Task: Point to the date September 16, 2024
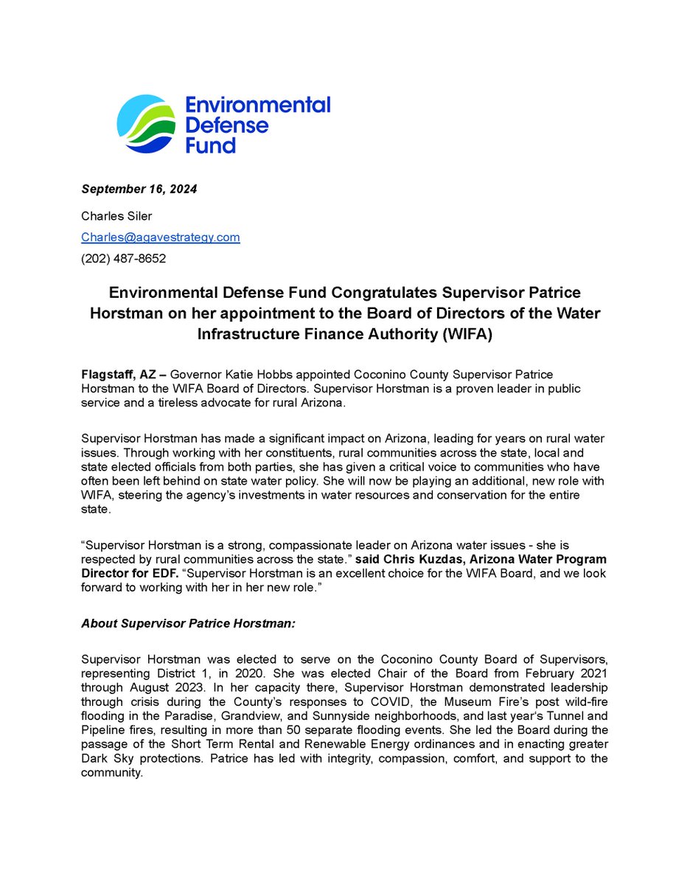139,190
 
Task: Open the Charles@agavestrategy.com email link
161,237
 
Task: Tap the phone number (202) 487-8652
123,259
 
